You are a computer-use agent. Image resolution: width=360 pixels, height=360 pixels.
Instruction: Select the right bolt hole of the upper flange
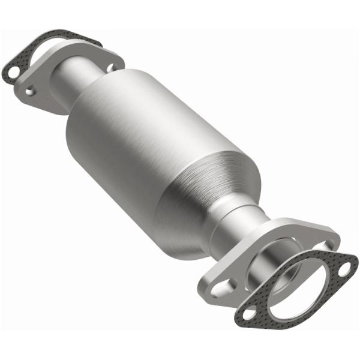110,68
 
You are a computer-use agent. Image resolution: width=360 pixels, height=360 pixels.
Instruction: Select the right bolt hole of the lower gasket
344,269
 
